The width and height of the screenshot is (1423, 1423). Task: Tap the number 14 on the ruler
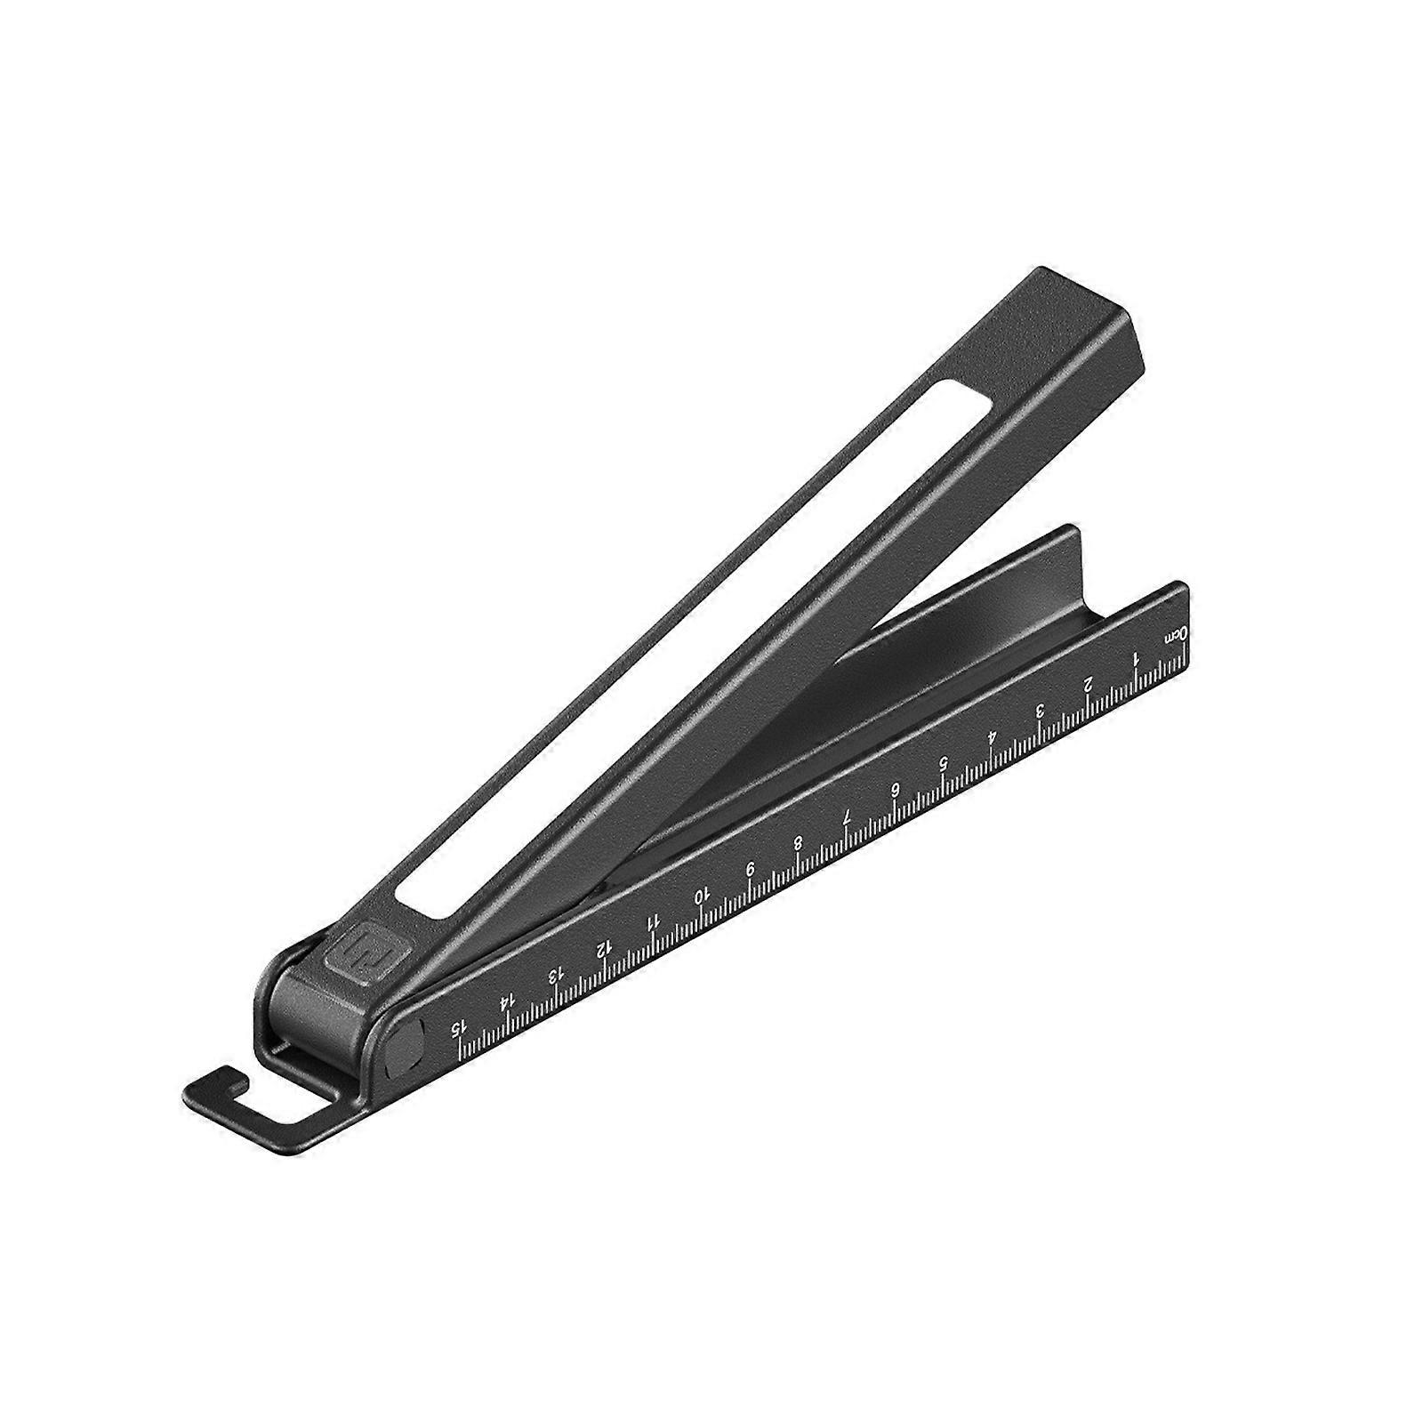pyautogui.click(x=506, y=1004)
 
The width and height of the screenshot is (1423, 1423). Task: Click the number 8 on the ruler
pyautogui.click(x=799, y=842)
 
